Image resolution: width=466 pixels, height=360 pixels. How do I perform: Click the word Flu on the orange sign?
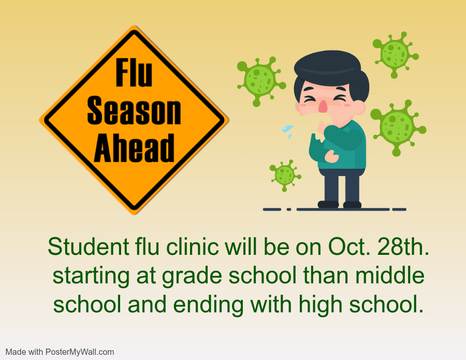(134, 72)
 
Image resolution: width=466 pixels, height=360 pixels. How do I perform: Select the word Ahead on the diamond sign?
(134, 148)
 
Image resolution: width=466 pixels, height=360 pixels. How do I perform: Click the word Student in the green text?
(89, 247)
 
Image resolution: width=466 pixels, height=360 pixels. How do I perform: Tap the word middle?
(389, 275)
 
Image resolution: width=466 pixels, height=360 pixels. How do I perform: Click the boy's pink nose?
(323, 106)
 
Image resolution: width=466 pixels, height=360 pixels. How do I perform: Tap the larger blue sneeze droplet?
(287, 128)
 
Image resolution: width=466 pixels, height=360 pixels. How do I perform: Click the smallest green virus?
(285, 175)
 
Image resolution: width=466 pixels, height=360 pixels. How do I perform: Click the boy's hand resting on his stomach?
(331, 156)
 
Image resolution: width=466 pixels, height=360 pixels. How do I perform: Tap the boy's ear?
(360, 108)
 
